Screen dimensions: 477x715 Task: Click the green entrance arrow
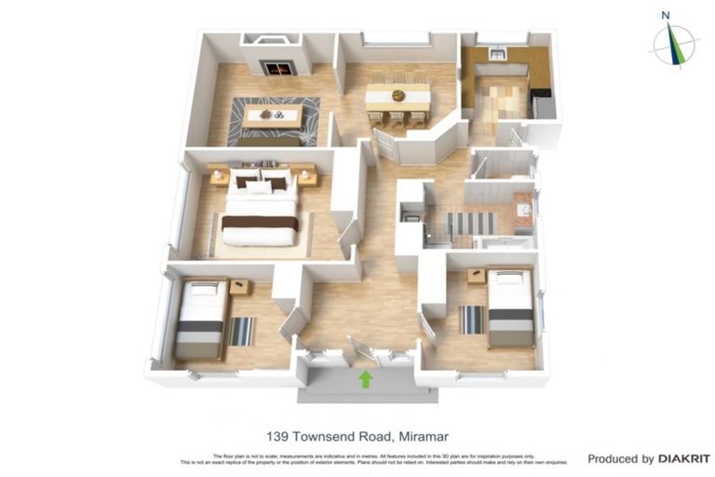pyautogui.click(x=366, y=379)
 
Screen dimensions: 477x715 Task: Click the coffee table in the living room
pyautogui.click(x=274, y=116)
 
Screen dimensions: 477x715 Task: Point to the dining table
pyautogui.click(x=398, y=96)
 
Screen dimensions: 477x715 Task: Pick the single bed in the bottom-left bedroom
pyautogui.click(x=200, y=319)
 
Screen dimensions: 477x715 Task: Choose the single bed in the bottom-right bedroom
pyautogui.click(x=510, y=307)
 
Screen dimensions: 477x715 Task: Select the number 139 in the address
pyautogui.click(x=279, y=435)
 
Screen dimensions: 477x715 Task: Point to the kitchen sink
pyautogui.click(x=497, y=54)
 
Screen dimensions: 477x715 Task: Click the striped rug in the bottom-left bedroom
pyautogui.click(x=240, y=330)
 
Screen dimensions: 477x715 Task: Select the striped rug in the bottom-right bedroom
pyautogui.click(x=472, y=320)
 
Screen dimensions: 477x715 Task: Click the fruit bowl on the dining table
pyautogui.click(x=398, y=94)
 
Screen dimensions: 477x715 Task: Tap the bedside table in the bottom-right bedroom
pyautogui.click(x=477, y=276)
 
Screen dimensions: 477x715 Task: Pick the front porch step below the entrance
pyautogui.click(x=366, y=394)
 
